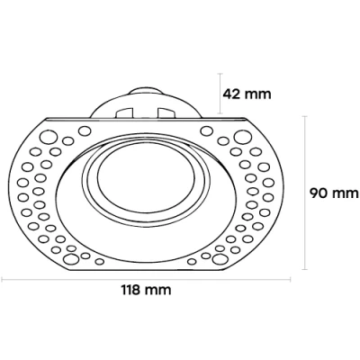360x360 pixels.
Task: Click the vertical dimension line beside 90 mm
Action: point(306,192)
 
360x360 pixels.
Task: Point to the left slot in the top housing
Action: point(125,112)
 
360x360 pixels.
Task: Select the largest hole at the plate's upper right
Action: point(241,138)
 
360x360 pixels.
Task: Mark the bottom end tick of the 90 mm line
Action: point(306,269)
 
